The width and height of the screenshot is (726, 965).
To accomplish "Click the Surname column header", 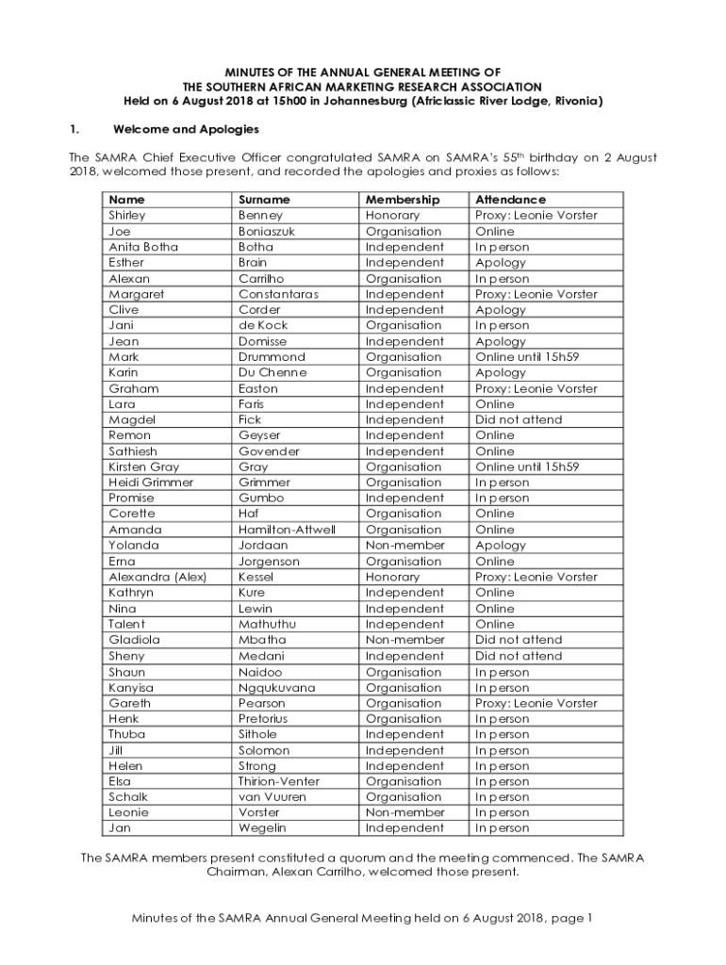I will pos(264,200).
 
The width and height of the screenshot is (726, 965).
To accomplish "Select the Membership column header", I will pos(403,200).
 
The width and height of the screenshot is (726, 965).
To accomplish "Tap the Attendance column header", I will pos(510,200).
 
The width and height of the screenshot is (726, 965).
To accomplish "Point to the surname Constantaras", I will pos(278,294).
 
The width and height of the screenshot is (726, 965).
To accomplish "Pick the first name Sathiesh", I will pos(133,451).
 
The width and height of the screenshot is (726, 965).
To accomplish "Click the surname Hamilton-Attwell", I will pos(287,530).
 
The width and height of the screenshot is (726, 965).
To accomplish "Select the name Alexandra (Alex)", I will pos(157,577).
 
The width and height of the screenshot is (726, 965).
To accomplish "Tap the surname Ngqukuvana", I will pos(277,687).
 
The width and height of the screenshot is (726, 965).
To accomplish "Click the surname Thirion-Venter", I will pos(279,781).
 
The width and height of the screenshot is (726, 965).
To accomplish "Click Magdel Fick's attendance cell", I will pos(519,419).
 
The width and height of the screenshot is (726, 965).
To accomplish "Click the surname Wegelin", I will pos(263,828).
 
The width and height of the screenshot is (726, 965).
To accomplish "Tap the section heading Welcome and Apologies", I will pos(186,129).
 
